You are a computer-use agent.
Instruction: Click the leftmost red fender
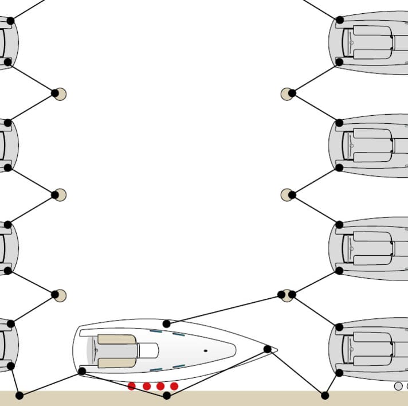132,386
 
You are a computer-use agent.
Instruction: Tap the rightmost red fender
174,386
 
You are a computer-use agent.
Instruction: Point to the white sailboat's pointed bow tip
277,349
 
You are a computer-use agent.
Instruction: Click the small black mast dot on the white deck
205,350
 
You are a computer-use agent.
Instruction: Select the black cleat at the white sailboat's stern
82,371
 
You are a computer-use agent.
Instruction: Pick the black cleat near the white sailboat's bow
267,349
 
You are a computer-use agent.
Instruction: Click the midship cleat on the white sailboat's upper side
166,324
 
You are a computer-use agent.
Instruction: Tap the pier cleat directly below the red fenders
167,395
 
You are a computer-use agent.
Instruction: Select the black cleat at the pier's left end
19,395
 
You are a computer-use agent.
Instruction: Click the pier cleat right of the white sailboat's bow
325,395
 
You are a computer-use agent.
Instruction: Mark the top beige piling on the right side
287,94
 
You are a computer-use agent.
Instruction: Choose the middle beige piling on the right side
287,195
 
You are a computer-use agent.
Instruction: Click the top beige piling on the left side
60,94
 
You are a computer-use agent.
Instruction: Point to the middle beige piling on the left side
60,195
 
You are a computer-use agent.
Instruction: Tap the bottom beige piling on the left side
60,296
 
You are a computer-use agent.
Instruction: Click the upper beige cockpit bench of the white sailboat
116,339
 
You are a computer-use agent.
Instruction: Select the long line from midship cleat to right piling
223,309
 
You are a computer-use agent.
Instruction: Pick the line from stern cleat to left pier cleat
50,383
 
